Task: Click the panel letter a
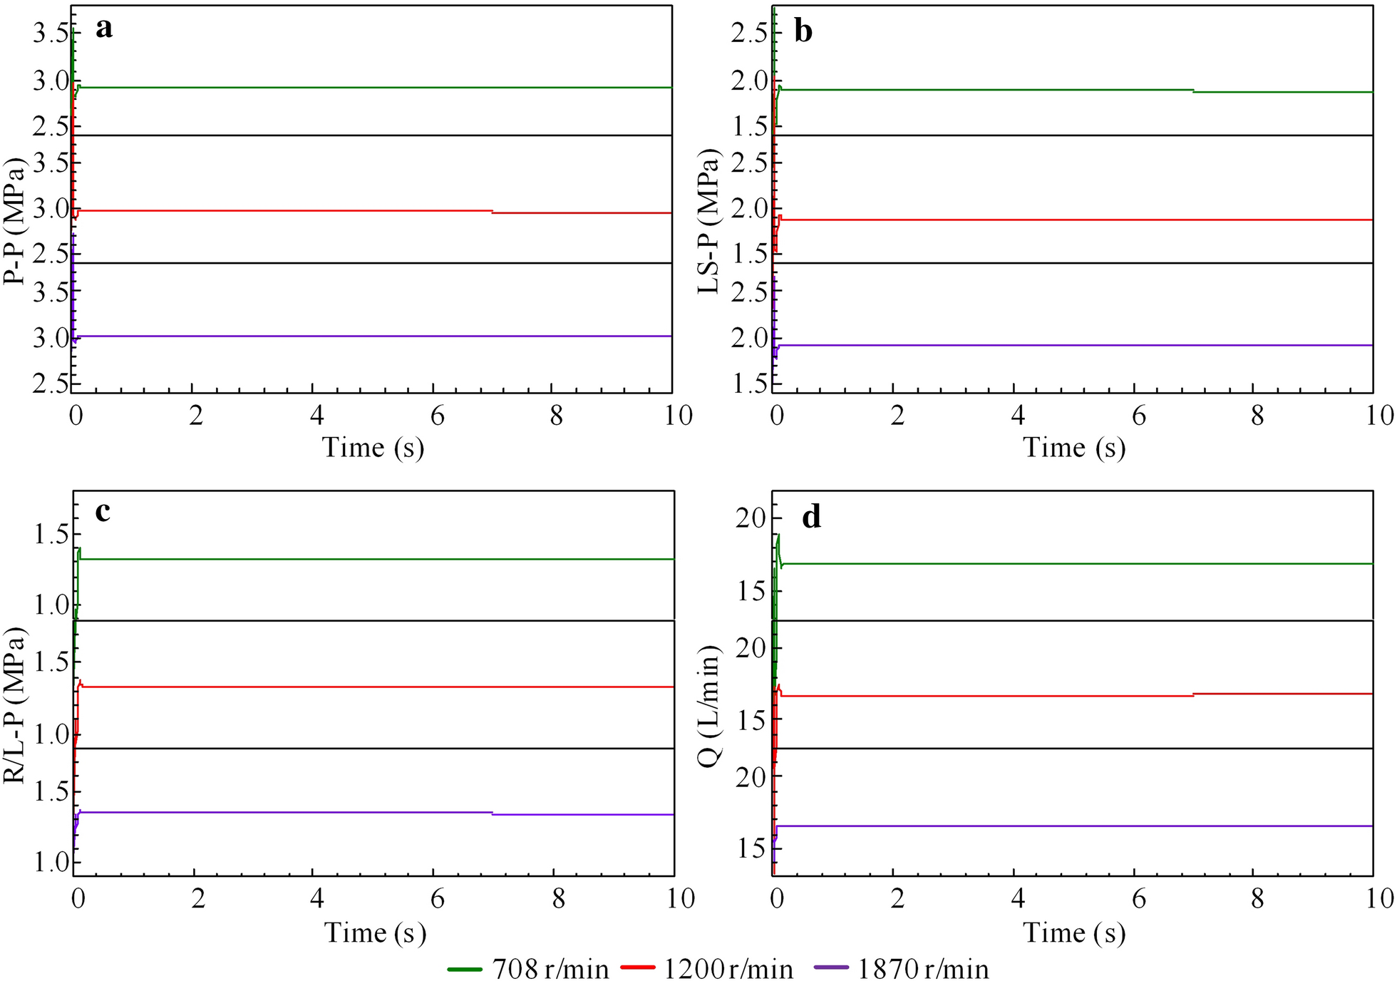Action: [x=104, y=29]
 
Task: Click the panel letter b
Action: [x=803, y=31]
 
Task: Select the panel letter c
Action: [x=103, y=511]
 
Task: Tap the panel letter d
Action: [x=811, y=517]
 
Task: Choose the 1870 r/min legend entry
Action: [x=902, y=969]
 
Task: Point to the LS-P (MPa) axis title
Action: [x=708, y=222]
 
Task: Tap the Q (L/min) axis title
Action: [x=708, y=706]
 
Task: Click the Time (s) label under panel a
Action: [x=373, y=448]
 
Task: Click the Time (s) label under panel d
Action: [x=1074, y=933]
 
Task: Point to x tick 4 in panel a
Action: [x=315, y=416]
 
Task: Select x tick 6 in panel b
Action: [x=1138, y=416]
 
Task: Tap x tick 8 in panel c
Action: [x=559, y=899]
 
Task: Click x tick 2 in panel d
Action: [x=897, y=899]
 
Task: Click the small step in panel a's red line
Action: [x=492, y=212]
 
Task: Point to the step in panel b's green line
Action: [x=1193, y=91]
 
